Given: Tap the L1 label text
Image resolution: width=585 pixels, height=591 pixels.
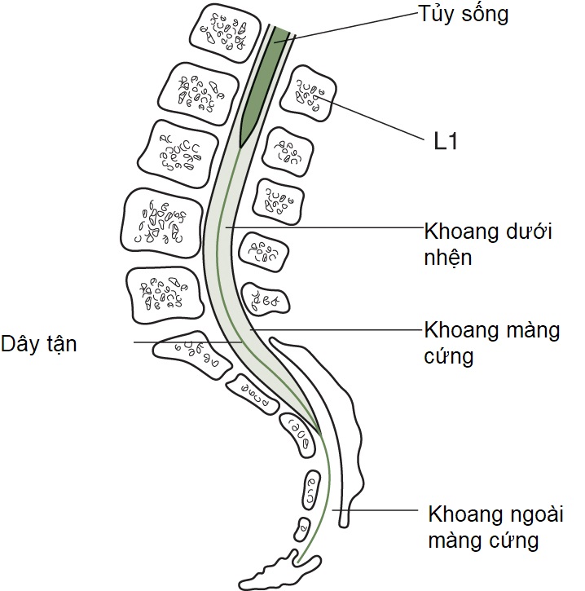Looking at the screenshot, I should [446, 143].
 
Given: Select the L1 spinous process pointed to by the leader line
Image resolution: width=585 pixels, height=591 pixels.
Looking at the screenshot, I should [308, 96].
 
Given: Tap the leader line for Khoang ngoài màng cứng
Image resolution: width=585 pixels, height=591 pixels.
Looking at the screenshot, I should [383, 512].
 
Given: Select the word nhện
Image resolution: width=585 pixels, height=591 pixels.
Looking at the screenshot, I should [449, 258].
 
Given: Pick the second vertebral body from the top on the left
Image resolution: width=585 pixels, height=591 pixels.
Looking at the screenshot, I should [196, 91].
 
